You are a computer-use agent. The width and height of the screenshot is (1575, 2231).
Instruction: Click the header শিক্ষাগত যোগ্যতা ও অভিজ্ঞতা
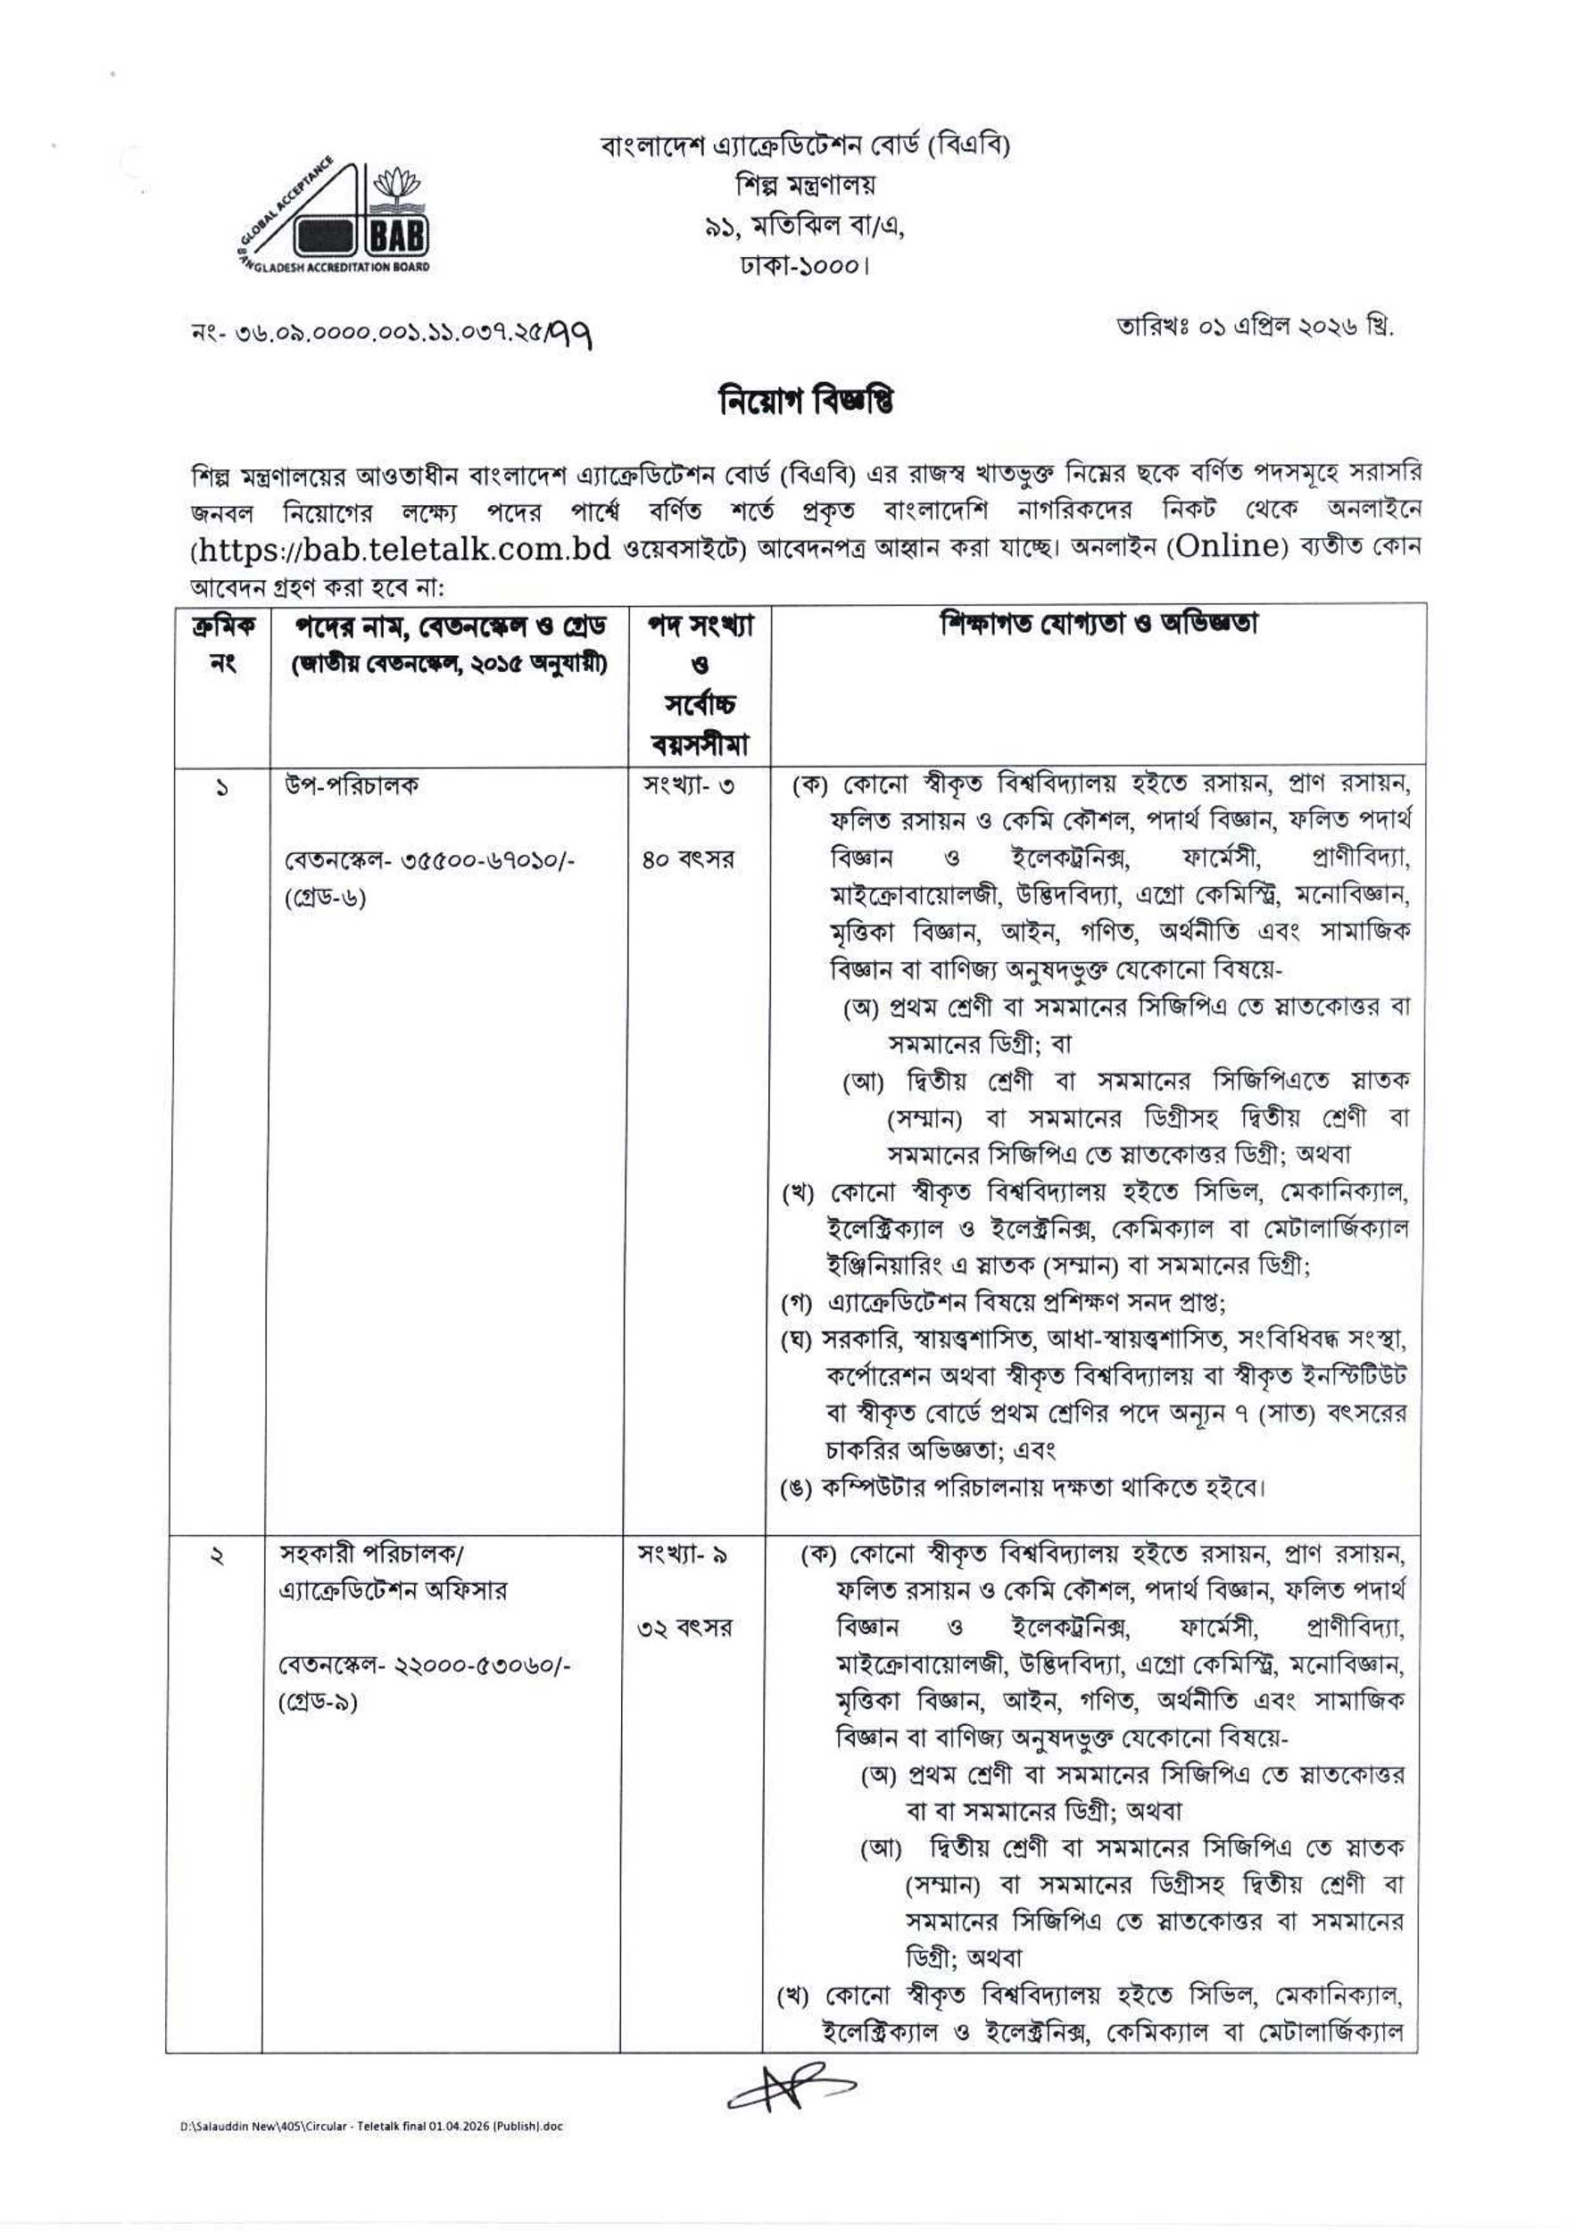click(1097, 623)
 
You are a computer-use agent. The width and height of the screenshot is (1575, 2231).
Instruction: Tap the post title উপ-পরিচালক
click(351, 785)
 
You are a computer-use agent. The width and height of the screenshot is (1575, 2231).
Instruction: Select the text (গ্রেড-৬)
click(326, 898)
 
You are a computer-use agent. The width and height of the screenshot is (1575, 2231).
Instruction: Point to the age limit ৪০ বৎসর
click(687, 860)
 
